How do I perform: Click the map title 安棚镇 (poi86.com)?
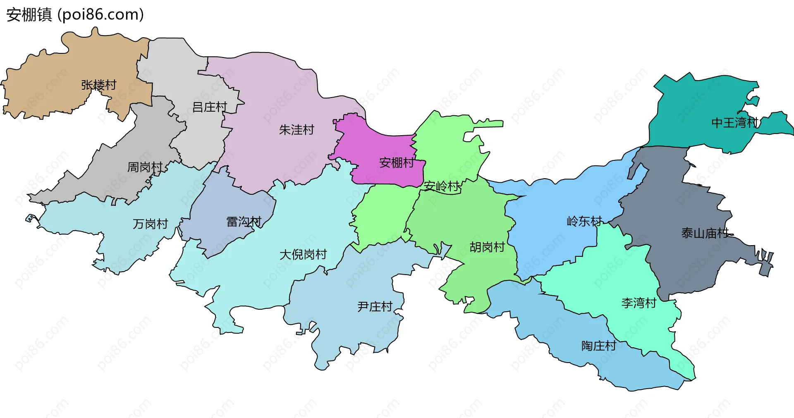[x=75, y=14]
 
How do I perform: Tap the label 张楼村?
[x=99, y=85]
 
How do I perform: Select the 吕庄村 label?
[x=210, y=107]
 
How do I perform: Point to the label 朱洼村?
[x=297, y=130]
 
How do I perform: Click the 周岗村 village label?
[x=145, y=167]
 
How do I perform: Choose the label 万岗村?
[x=150, y=224]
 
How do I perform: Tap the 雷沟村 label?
[x=244, y=222]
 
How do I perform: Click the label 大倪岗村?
[x=303, y=255]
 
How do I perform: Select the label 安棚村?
[x=397, y=163]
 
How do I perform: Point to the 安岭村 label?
[x=441, y=186]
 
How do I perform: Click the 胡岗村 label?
[x=487, y=247]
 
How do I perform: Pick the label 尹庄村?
[x=375, y=307]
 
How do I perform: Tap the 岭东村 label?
[x=584, y=222]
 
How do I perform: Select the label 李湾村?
[x=639, y=303]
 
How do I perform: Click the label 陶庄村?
[x=599, y=346]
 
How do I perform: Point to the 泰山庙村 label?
[x=705, y=234]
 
